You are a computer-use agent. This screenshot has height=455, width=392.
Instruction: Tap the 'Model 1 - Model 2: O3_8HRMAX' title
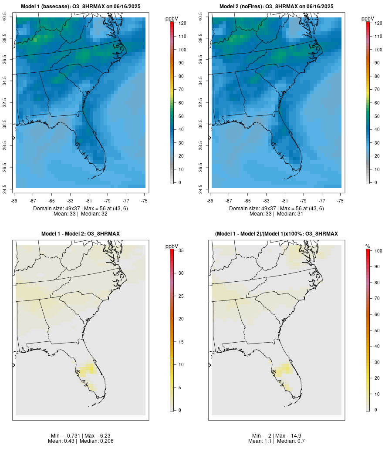[x=81, y=234]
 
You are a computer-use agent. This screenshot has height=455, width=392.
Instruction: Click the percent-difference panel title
[x=277, y=234]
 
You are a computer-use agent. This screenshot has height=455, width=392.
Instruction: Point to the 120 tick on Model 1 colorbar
[x=182, y=23]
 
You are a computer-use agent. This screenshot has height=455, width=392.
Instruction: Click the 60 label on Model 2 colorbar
[x=378, y=103]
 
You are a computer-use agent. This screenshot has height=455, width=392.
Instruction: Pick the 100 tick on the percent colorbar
[x=378, y=251]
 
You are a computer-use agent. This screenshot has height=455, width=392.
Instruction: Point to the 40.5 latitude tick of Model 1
[x=5, y=17]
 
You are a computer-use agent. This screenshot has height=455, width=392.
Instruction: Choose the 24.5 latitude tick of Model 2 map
[x=201, y=189]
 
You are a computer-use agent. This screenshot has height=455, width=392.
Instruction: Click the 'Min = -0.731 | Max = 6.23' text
[x=81, y=436]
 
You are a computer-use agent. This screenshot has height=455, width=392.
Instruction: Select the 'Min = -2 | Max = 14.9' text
[x=277, y=436]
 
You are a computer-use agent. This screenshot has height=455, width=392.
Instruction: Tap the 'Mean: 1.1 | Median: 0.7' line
[x=277, y=441]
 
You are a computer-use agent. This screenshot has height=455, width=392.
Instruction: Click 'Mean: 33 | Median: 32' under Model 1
[x=81, y=214]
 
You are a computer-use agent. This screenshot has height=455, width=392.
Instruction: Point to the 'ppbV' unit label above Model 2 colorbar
[x=368, y=19]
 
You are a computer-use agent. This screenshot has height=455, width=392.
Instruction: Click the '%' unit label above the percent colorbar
[x=368, y=246]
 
